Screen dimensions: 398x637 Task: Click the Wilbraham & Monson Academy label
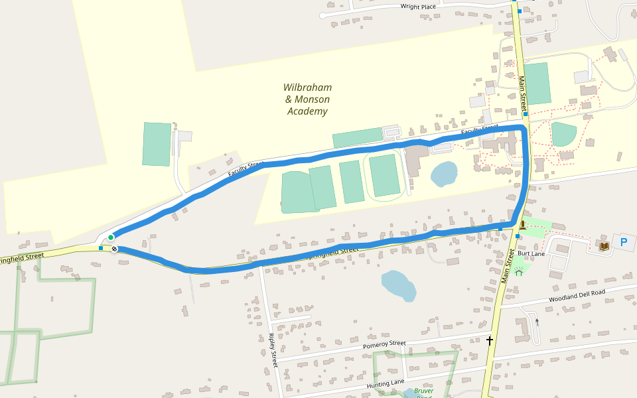[x=307, y=99]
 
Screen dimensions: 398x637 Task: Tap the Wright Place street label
[x=418, y=7]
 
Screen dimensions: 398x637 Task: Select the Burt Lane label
[x=531, y=254]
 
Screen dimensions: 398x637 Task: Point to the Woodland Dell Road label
[x=577, y=295]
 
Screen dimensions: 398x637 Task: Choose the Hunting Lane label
[x=385, y=383]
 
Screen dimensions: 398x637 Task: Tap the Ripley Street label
[x=273, y=350]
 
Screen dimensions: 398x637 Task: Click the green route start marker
[x=111, y=237]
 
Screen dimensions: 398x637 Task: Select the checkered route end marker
[x=115, y=249]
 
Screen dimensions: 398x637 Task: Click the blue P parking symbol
[x=623, y=243]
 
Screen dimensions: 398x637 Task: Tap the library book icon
[x=603, y=246]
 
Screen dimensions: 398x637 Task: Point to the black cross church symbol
[x=490, y=340]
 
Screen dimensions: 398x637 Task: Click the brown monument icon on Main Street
[x=523, y=226]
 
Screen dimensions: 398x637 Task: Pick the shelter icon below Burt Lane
[x=519, y=271]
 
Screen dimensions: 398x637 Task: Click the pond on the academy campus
[x=444, y=174]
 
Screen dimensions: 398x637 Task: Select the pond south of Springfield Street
[x=399, y=285]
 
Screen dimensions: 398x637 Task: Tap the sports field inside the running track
[x=385, y=175]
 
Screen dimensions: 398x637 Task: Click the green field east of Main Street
[x=538, y=83]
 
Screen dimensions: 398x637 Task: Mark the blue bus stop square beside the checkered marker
[x=100, y=248]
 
